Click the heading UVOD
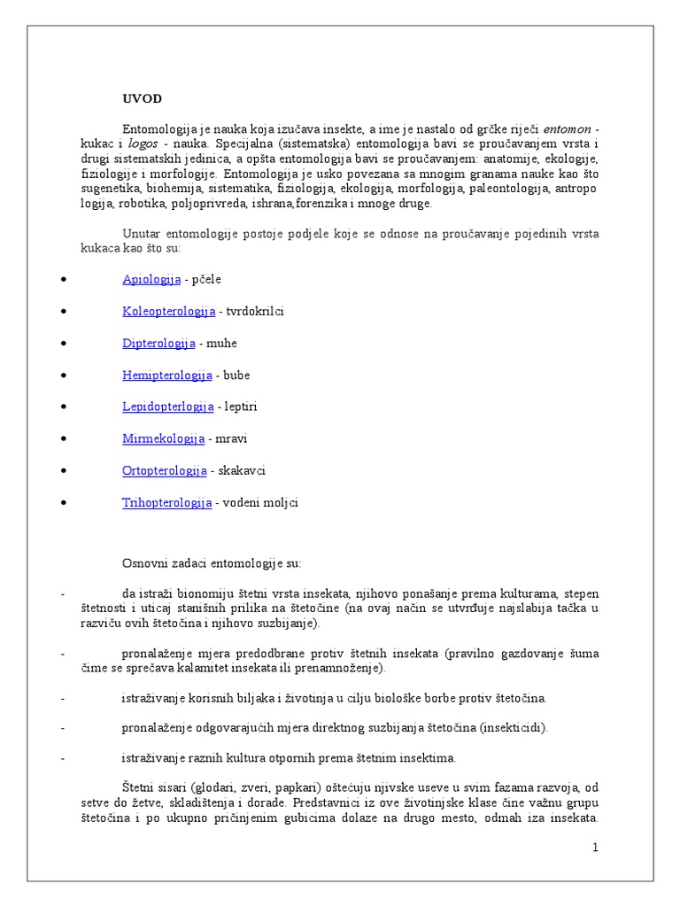pos(142,98)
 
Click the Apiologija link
pos(151,279)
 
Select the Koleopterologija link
pos(168,311)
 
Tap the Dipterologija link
pos(158,343)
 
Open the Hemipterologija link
pos(166,375)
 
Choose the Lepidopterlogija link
pos(167,407)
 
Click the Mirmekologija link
pos(163,438)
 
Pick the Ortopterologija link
pos(164,470)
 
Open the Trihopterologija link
pos(166,502)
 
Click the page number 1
pos(596,848)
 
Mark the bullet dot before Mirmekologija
pos(64,439)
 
